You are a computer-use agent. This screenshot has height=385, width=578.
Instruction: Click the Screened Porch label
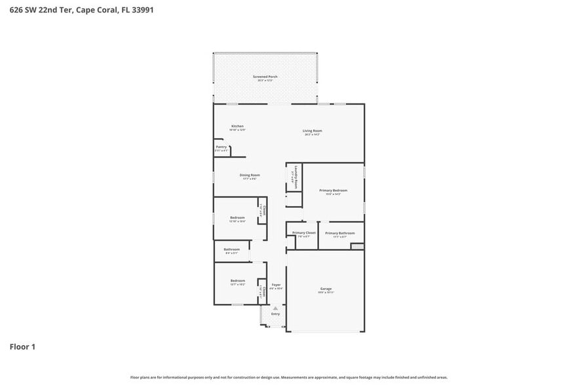click(265, 77)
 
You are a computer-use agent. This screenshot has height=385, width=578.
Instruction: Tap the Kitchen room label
click(237, 126)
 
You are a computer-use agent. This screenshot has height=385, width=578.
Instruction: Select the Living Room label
click(312, 131)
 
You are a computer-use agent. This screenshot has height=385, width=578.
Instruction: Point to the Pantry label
click(222, 147)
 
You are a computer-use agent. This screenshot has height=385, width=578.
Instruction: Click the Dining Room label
click(250, 175)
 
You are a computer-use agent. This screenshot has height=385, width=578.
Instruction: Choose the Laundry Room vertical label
click(296, 176)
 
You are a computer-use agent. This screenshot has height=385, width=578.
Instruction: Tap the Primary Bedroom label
click(333, 191)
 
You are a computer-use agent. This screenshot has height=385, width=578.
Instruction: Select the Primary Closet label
click(303, 233)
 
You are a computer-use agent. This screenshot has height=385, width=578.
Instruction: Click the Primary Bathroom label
click(339, 233)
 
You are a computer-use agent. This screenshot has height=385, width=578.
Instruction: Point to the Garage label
click(326, 289)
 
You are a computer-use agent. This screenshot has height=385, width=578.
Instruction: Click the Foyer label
click(276, 285)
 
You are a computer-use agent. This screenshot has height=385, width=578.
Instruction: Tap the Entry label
click(275, 314)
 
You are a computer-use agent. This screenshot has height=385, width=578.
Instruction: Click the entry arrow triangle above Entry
click(275, 308)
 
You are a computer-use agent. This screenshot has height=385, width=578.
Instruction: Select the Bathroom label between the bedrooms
click(231, 249)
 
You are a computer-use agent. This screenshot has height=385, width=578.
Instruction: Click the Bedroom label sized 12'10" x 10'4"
click(237, 217)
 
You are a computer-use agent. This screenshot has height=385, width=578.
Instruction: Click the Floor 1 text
click(22, 346)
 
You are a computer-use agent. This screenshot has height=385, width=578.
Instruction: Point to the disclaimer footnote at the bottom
click(288, 377)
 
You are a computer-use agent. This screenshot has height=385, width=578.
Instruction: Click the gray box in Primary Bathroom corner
click(356, 246)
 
